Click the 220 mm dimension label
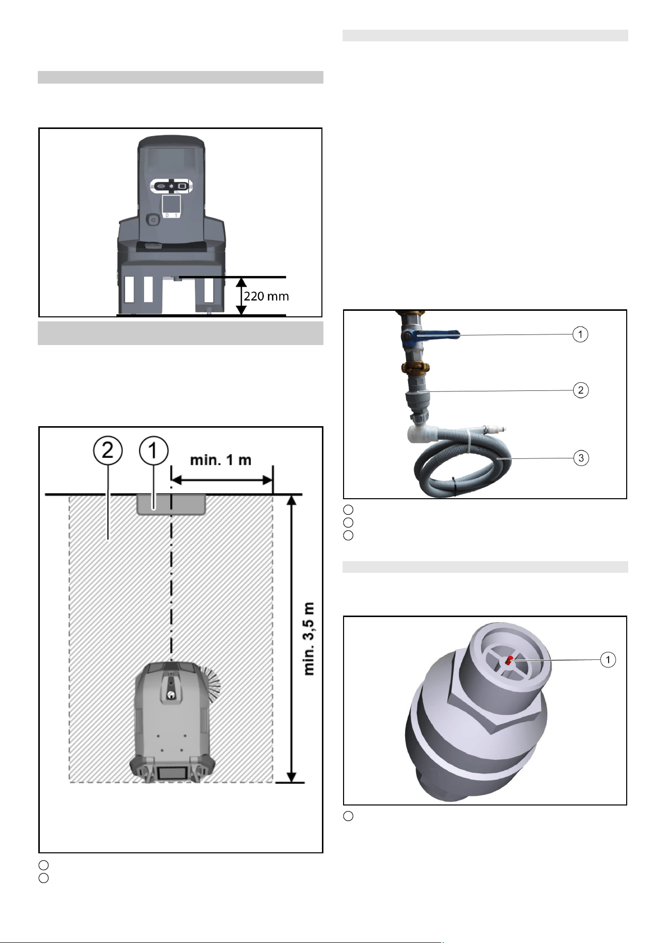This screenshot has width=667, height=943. pos(266,296)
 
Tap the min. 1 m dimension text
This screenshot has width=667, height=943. pos(221,460)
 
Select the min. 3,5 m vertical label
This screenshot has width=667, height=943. pos(309,639)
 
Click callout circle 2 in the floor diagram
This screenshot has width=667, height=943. pos(108,450)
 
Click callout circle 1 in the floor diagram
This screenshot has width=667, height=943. pos(154,450)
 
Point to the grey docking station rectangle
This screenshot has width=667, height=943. pos(171,504)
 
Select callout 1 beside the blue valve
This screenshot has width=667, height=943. pos(580,334)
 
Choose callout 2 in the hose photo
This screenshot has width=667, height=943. pos(581,390)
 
